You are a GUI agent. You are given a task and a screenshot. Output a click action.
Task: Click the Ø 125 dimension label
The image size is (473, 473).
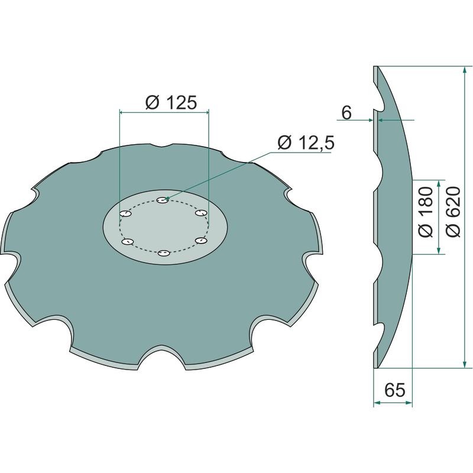point(171,103)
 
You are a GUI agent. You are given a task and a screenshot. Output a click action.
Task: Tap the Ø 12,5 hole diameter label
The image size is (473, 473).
point(306,142)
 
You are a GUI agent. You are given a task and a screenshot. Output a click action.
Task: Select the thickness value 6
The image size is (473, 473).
point(346,113)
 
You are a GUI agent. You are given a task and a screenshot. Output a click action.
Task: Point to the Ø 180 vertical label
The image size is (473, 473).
point(426,212)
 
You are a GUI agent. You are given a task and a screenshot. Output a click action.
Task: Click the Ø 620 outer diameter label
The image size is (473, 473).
point(453,212)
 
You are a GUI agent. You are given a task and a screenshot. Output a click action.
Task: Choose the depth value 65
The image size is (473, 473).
point(394,390)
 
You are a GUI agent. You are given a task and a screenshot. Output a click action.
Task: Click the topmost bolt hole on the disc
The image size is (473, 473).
point(163,200)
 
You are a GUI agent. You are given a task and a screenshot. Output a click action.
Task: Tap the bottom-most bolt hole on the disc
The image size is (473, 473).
point(164,253)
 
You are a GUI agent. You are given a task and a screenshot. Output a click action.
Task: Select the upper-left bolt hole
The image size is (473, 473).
point(126,214)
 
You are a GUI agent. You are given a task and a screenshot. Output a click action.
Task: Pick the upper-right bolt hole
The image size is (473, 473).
point(201,213)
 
